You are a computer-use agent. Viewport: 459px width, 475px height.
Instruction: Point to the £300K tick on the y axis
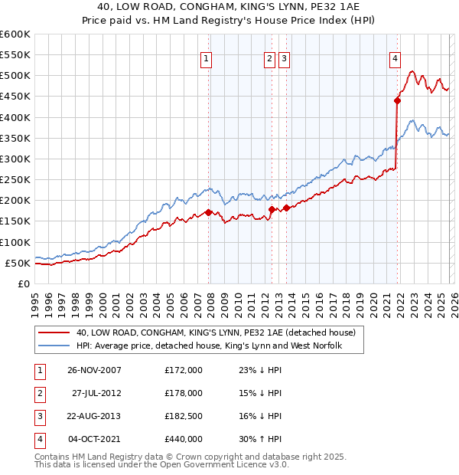(x=15, y=159)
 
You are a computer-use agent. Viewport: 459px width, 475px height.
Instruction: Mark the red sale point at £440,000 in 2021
(x=398, y=100)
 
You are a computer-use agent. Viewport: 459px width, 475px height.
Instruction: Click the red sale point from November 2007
(x=209, y=212)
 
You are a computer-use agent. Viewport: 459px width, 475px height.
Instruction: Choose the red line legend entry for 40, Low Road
(x=216, y=333)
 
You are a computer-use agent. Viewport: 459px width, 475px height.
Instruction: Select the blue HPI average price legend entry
(x=208, y=347)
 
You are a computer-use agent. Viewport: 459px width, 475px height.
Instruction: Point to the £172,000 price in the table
(x=184, y=370)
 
